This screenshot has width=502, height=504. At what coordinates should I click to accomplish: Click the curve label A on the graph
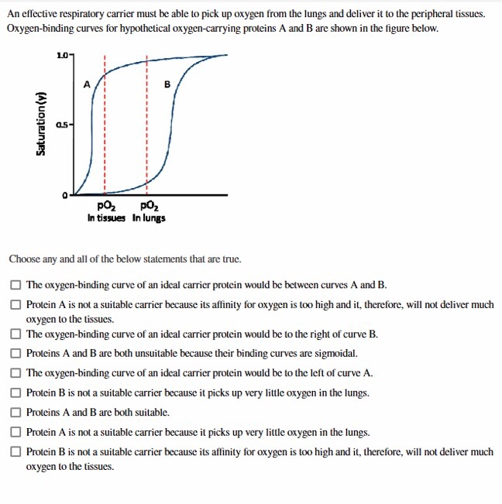(87, 83)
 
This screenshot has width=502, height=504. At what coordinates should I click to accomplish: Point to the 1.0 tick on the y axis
(62, 55)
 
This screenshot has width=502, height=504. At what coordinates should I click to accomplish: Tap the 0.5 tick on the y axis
(62, 124)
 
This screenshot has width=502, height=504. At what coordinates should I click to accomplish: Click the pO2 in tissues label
(106, 211)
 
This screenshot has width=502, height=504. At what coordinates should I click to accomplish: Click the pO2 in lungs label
(148, 211)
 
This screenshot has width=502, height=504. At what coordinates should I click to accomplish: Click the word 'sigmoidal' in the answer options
(334, 353)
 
